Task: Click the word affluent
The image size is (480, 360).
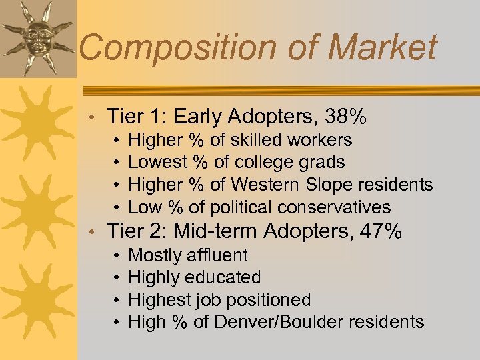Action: coord(217,255)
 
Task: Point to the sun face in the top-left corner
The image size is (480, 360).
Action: coord(37,37)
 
